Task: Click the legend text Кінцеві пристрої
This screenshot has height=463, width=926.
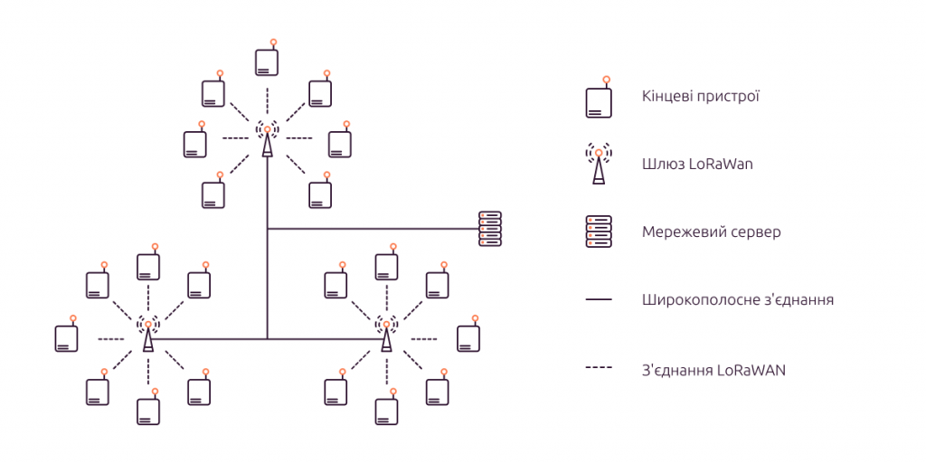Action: [699, 96]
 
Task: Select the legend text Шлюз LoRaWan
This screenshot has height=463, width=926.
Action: [697, 165]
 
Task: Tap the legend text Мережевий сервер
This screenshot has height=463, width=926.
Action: [711, 232]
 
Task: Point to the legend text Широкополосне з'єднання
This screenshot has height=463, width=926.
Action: [737, 299]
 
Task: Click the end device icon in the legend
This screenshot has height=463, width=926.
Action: [598, 100]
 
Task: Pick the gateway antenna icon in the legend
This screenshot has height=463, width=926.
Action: [599, 164]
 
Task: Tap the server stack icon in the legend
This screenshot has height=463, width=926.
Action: [599, 232]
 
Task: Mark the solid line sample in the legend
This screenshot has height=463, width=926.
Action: [599, 299]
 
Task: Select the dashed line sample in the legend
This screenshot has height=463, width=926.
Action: [599, 369]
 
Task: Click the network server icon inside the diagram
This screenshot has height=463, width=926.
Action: [489, 229]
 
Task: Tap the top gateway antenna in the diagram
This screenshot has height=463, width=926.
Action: [267, 139]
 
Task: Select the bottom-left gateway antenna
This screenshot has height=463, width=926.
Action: [148, 334]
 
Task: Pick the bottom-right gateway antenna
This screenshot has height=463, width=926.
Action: [386, 334]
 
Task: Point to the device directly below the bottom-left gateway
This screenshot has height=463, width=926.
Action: [148, 411]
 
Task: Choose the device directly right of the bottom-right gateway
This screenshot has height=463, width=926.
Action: [468, 336]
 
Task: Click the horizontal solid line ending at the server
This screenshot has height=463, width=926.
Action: [371, 229]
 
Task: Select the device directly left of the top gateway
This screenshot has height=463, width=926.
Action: [195, 143]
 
